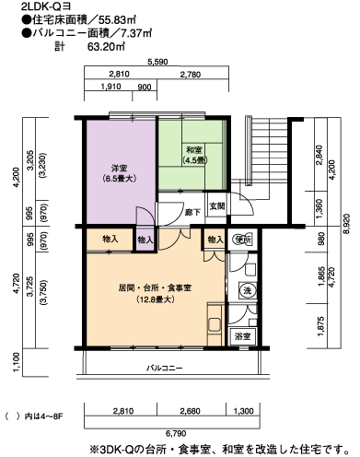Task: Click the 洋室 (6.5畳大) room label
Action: (x=120, y=173)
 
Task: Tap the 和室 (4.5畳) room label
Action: (x=194, y=155)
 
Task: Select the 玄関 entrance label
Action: (x=217, y=206)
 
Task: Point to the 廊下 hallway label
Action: (x=192, y=212)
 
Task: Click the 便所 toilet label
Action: (x=243, y=240)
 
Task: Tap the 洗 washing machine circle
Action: (x=247, y=290)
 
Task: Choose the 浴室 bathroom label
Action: (x=242, y=336)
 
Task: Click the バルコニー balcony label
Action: (x=164, y=368)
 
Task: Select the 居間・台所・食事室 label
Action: (x=155, y=288)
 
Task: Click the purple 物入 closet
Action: (x=145, y=240)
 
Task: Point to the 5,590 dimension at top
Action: (x=157, y=62)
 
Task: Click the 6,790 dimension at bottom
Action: (x=176, y=433)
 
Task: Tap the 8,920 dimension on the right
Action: (x=346, y=225)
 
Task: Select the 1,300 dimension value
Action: (x=244, y=411)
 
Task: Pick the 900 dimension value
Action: (x=145, y=88)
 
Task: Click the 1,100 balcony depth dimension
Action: (x=17, y=361)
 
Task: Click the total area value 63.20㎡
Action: (x=106, y=47)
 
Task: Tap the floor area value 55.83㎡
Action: (x=117, y=20)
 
